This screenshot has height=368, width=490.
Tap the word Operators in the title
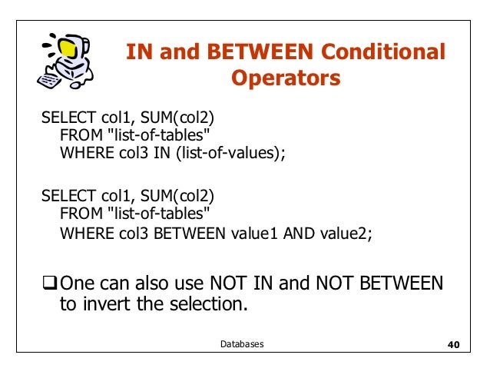tap(286, 79)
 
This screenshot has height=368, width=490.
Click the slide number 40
tap(452, 345)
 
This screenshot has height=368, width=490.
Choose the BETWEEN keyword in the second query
tap(187, 234)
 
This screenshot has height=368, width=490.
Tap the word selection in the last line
tap(209, 306)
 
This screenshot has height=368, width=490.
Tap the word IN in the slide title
tap(139, 53)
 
